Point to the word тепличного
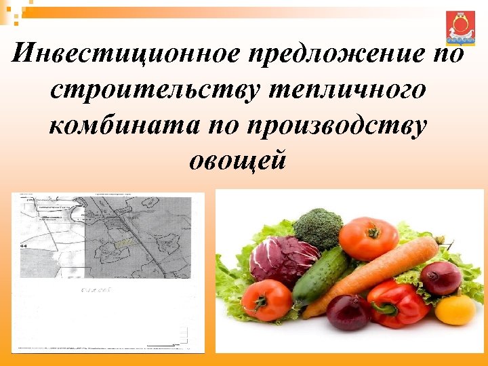click(350, 90)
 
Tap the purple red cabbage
click(283, 259)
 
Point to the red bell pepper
click(399, 303)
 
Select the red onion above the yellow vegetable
click(441, 277)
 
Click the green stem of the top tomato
click(371, 229)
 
